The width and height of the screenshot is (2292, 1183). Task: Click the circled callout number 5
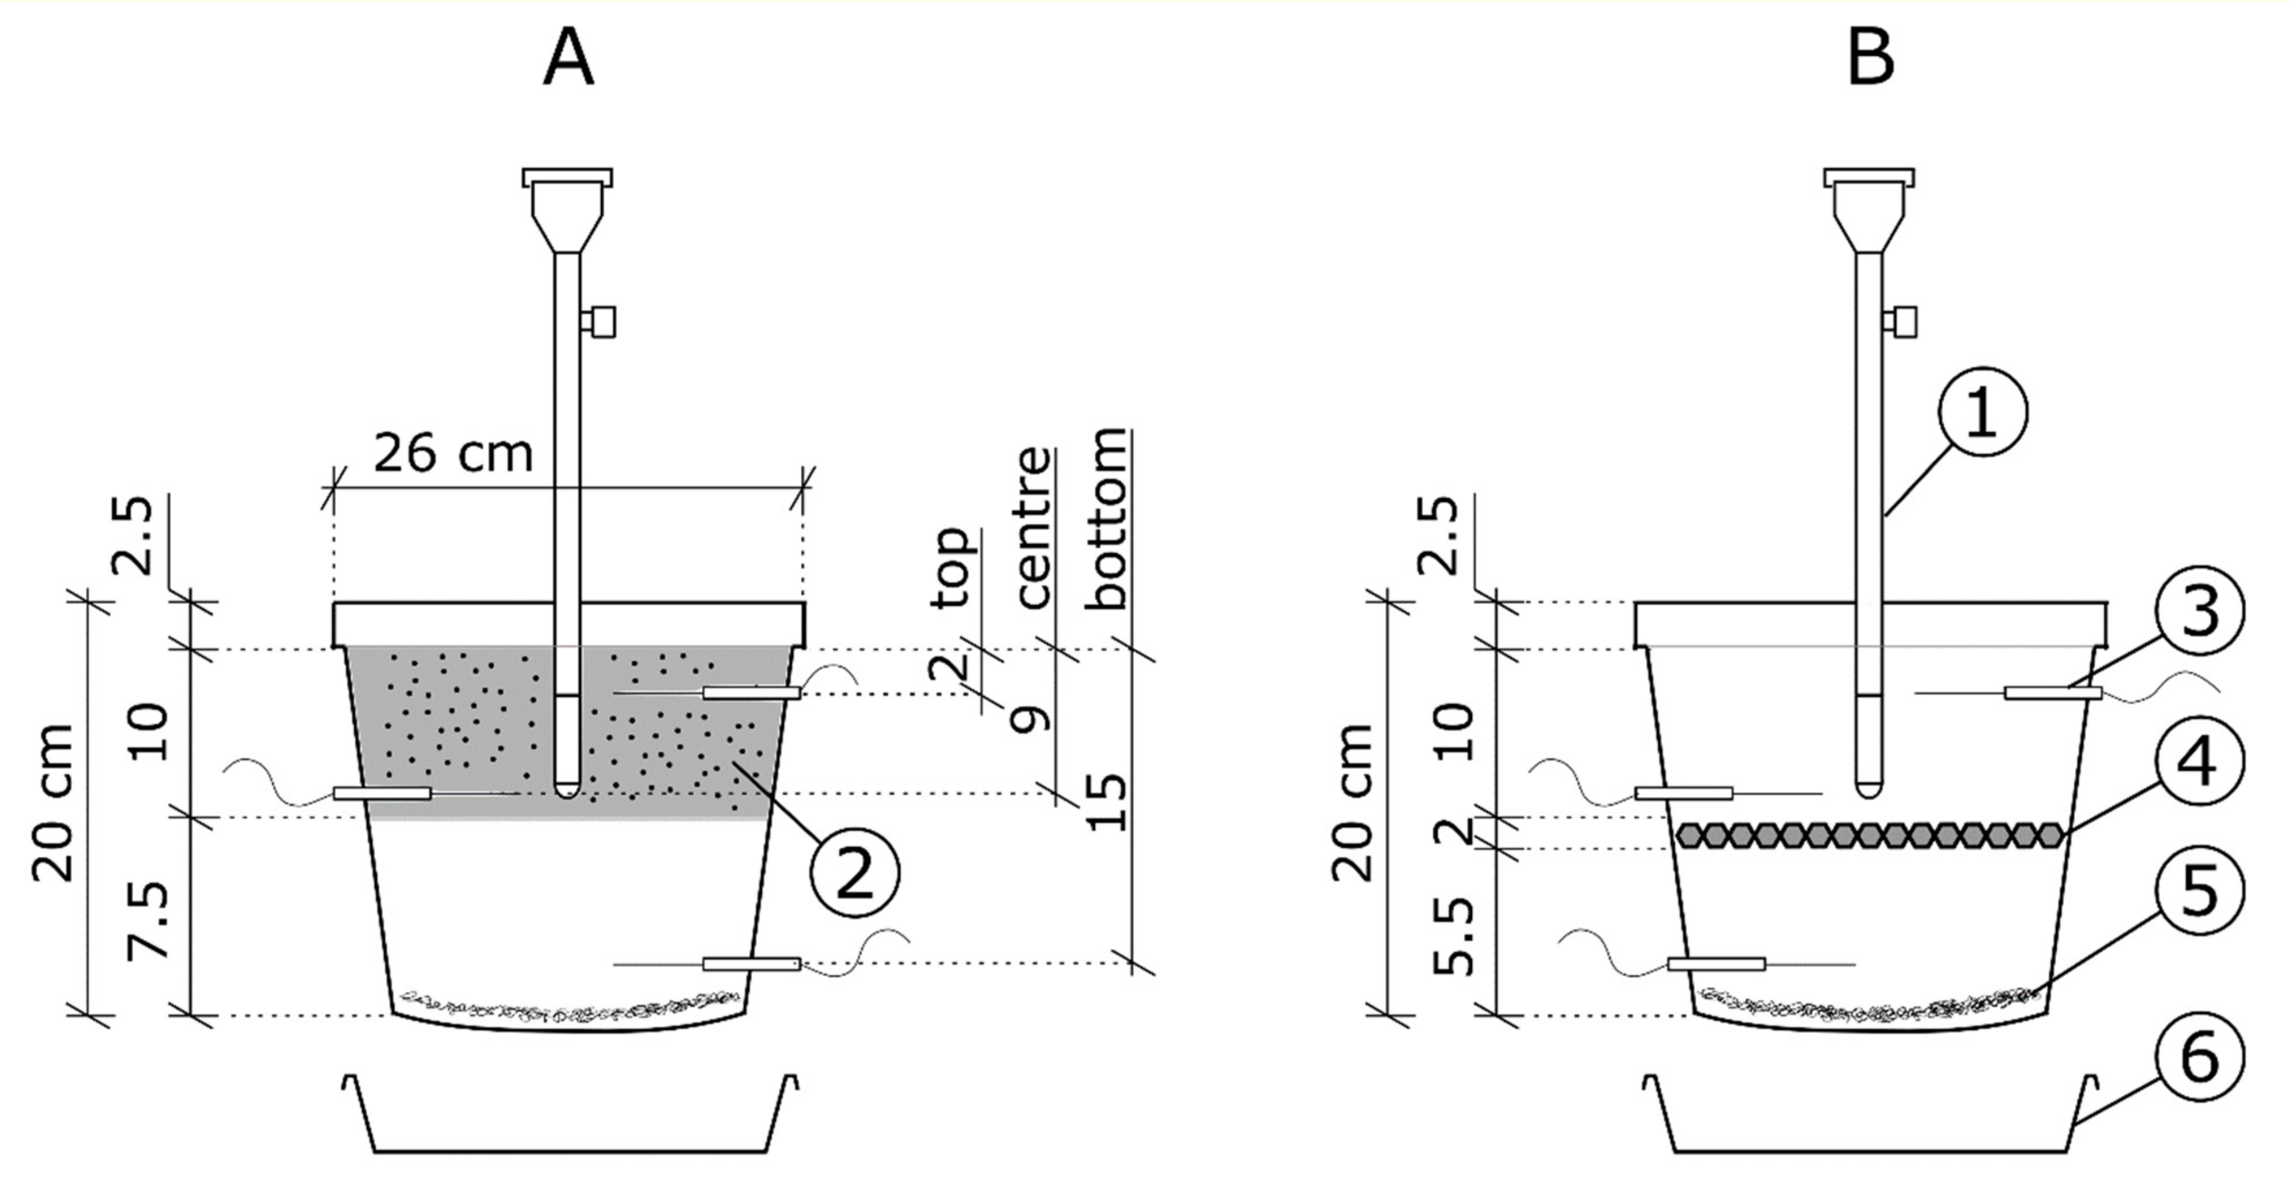[2199, 890]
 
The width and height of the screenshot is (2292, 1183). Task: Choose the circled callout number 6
[2199, 1057]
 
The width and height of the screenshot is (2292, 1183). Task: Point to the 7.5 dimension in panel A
[148, 921]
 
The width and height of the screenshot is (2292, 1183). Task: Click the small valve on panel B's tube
[1905, 321]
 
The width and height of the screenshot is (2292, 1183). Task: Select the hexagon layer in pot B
[1868, 834]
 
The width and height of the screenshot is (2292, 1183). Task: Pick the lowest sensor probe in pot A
[751, 964]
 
